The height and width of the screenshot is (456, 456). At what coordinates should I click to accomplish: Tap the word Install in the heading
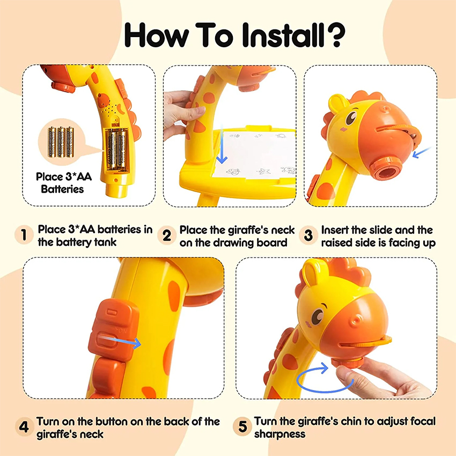point(283,35)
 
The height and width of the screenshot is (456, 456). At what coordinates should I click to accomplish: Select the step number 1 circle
point(24,234)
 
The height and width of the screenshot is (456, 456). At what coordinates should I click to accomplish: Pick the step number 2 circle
point(167,236)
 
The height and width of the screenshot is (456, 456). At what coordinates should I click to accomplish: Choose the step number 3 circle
point(308,236)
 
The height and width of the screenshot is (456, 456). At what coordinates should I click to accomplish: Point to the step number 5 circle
point(242,426)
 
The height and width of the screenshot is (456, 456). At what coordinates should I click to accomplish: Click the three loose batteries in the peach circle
point(61,142)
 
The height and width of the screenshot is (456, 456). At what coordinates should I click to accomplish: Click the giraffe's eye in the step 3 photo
point(351,116)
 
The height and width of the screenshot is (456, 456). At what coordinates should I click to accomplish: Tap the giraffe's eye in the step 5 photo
point(318,316)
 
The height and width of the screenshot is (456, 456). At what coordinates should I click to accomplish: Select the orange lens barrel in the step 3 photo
point(386,168)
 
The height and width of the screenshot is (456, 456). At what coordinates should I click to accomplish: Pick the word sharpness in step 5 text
point(280,434)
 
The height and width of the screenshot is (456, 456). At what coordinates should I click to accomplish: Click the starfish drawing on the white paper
point(263,171)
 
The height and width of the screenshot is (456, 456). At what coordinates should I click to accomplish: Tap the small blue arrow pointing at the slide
point(421,152)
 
